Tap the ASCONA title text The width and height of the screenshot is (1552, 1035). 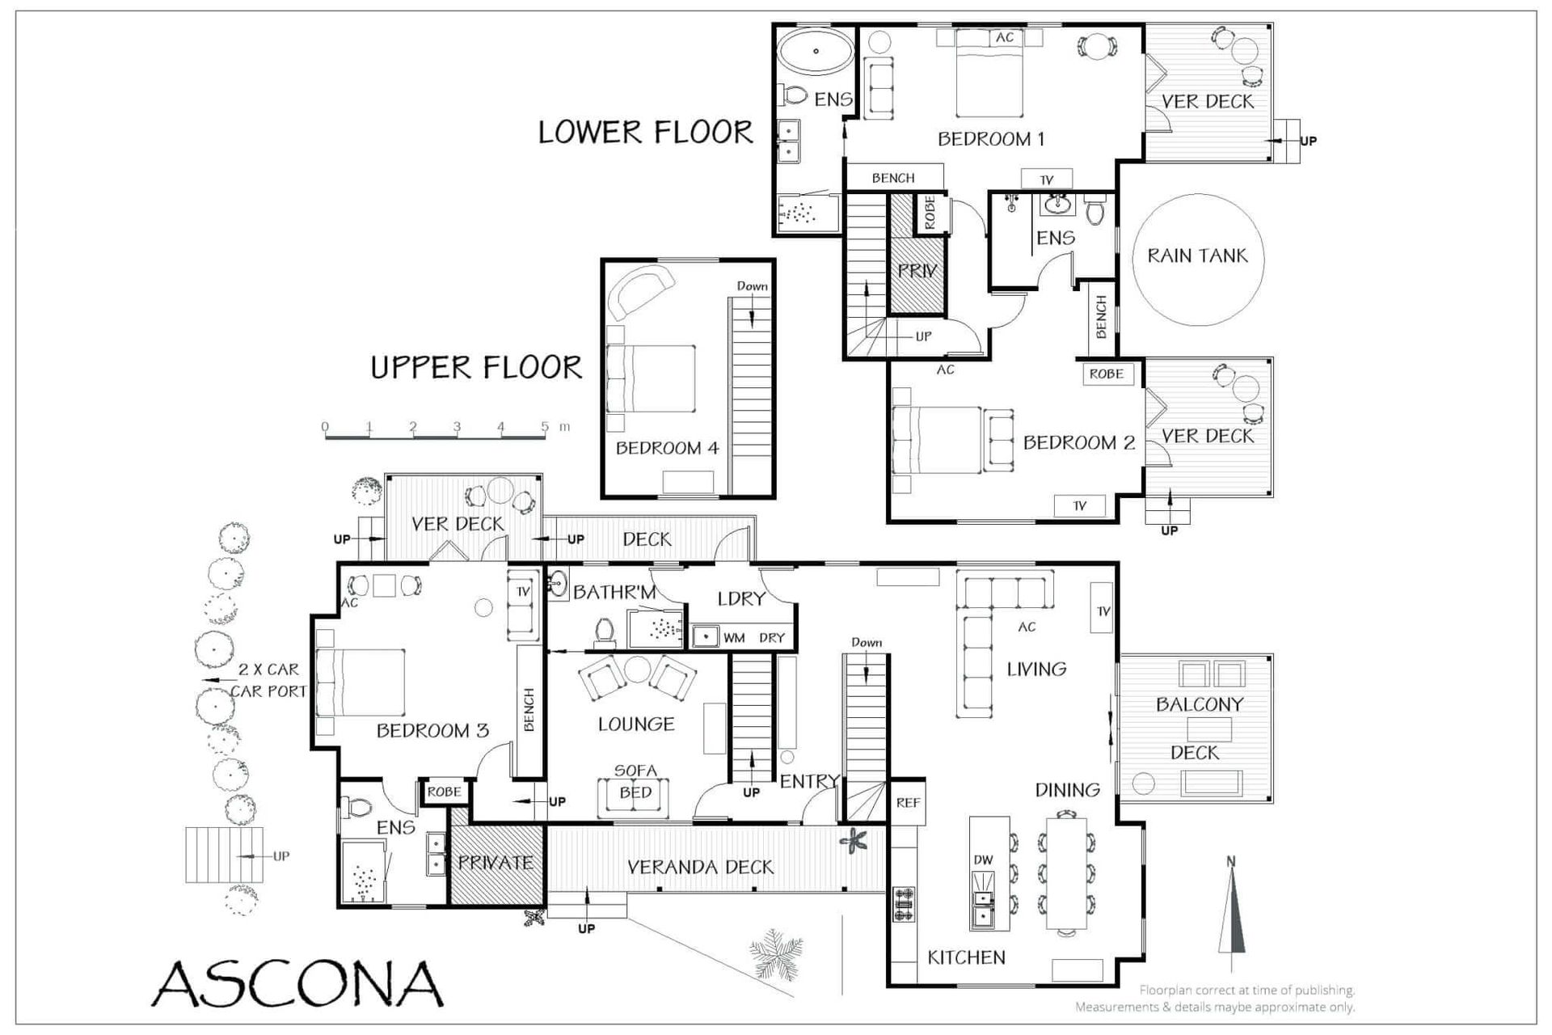point(298,983)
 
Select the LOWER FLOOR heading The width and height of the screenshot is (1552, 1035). point(645,132)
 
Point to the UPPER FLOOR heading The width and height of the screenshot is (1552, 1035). point(476,368)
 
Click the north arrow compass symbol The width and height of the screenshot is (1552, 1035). point(1231,914)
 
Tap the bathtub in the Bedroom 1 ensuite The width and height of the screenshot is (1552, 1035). point(816,52)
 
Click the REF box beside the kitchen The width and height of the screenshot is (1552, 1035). point(908,802)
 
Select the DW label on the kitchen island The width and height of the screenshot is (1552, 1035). point(983,860)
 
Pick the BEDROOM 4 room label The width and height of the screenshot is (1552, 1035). point(667,448)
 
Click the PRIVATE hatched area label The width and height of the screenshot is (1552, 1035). point(496,863)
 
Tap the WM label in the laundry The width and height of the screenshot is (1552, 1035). point(734,638)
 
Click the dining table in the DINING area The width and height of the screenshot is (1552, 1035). point(1067,873)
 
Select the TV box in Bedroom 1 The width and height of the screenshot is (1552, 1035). point(1047,180)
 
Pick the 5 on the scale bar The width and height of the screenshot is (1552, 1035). point(545,426)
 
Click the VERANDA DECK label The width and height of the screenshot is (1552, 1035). point(700,868)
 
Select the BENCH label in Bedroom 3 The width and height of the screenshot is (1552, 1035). point(529,709)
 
